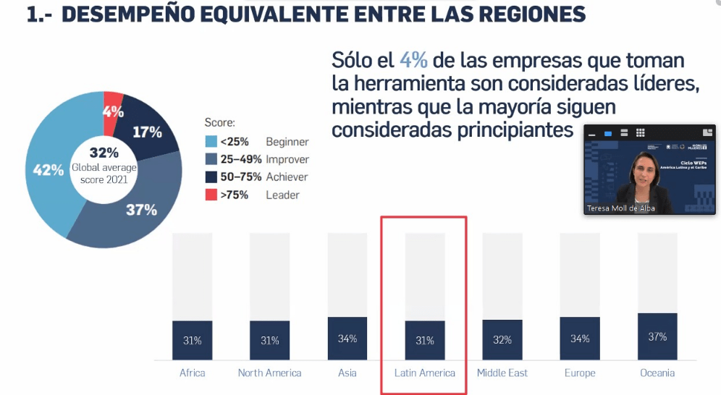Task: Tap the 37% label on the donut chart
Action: click(x=141, y=210)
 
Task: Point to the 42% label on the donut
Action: click(x=49, y=171)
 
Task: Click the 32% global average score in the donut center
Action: click(x=104, y=153)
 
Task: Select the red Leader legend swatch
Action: click(x=211, y=195)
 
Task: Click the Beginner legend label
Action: click(x=287, y=142)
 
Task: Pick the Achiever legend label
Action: click(x=287, y=177)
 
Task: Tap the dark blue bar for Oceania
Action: click(x=657, y=336)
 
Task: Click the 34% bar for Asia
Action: click(x=347, y=338)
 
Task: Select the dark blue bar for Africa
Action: click(x=192, y=340)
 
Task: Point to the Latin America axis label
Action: click(x=425, y=373)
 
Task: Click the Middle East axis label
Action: click(x=502, y=373)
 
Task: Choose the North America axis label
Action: click(x=269, y=373)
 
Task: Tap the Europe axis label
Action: click(x=580, y=373)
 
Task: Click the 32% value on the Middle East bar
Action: click(x=502, y=340)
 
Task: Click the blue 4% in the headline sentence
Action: click(x=413, y=61)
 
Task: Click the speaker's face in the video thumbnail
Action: click(x=643, y=171)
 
